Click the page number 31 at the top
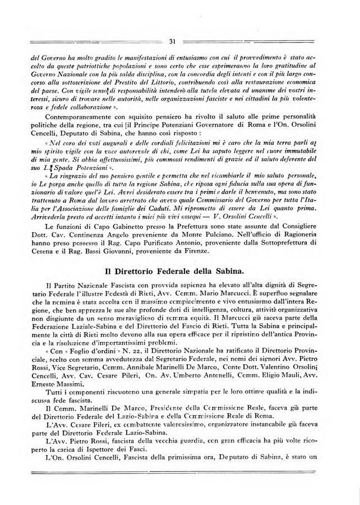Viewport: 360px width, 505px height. coord(172,40)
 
